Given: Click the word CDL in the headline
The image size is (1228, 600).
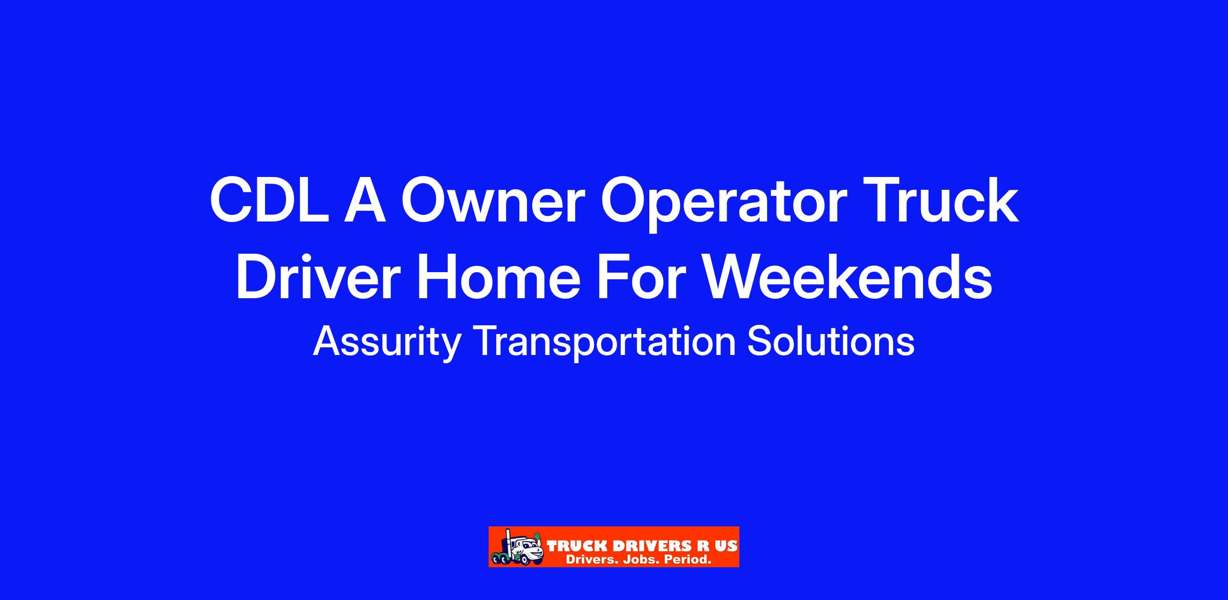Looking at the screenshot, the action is click(270, 201).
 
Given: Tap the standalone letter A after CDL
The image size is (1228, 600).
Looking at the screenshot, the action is click(365, 201).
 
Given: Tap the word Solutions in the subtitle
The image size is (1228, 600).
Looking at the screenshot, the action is click(831, 341).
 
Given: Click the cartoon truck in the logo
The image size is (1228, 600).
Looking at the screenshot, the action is click(517, 547).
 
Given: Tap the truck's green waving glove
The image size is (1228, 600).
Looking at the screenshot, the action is click(536, 537).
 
